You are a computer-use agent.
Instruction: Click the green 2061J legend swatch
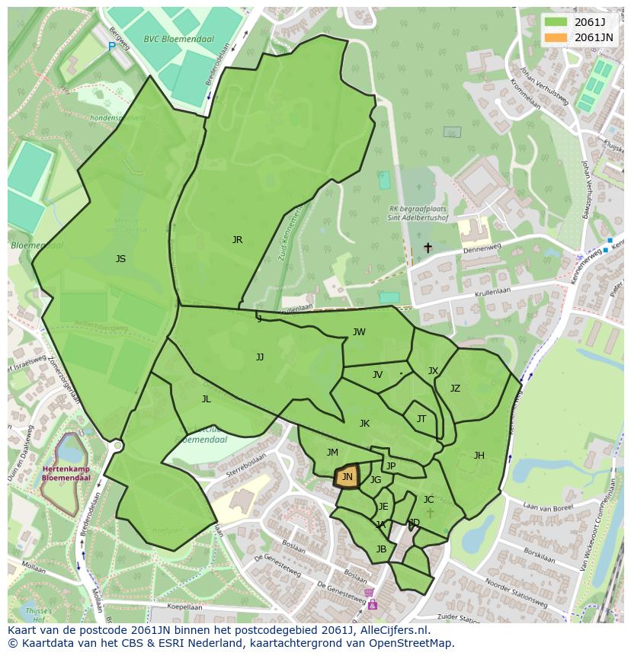pyautogui.click(x=556, y=22)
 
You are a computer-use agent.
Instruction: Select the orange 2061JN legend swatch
pyautogui.click(x=556, y=37)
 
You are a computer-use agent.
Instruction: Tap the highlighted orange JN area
pyautogui.click(x=347, y=477)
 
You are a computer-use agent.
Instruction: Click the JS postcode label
pyautogui.click(x=120, y=259)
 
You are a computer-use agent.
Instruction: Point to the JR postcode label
pyautogui.click(x=237, y=240)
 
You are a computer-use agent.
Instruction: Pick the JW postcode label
pyautogui.click(x=359, y=331)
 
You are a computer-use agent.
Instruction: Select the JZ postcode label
pyautogui.click(x=455, y=389)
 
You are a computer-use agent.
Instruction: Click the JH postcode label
pyautogui.click(x=479, y=456)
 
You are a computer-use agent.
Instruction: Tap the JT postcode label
pyautogui.click(x=421, y=419)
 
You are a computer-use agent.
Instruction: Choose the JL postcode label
pyautogui.click(x=206, y=399)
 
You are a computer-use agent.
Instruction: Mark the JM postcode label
pyautogui.click(x=332, y=453)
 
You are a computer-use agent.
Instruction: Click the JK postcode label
pyautogui.click(x=364, y=424)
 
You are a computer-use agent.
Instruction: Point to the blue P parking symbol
pyautogui.click(x=111, y=46)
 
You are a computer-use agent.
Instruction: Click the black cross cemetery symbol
pyautogui.click(x=428, y=248)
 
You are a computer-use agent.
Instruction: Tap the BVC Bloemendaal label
pyautogui.click(x=178, y=39)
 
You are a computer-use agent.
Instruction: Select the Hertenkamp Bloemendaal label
pyautogui.click(x=66, y=473)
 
